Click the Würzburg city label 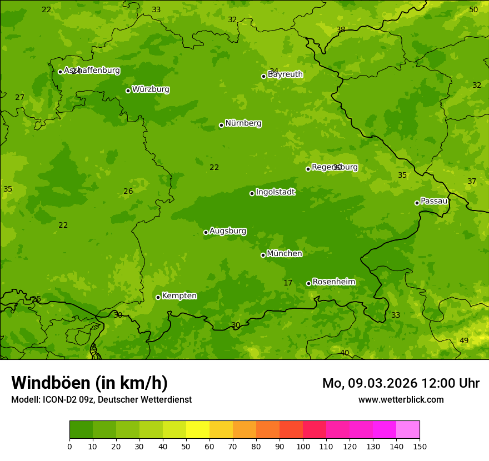[151, 89]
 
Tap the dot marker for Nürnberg [221, 125]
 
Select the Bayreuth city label [285, 74]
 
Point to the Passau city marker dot [417, 203]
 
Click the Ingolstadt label [275, 192]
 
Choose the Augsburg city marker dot [206, 232]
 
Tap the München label [285, 254]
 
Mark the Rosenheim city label [333, 282]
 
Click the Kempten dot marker [158, 297]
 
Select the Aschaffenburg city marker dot [60, 72]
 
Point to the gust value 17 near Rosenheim [288, 283]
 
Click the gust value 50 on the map [473, 10]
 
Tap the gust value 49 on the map [464, 341]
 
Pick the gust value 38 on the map [341, 30]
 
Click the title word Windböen [51, 383]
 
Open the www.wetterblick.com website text [401, 399]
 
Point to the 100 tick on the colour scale [303, 446]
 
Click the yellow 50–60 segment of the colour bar [198, 430]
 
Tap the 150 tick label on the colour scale [420, 446]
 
